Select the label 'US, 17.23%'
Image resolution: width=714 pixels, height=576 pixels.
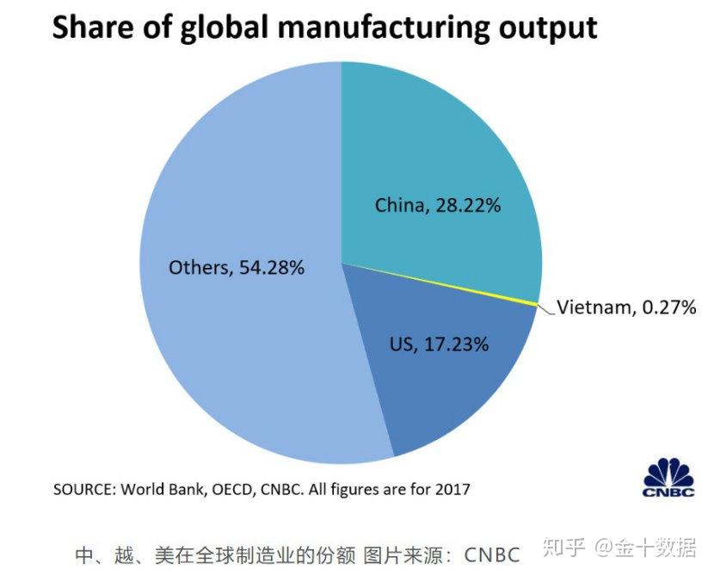click(x=439, y=344)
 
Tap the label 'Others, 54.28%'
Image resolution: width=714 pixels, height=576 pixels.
click(x=237, y=268)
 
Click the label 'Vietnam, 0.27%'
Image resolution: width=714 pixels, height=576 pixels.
click(x=626, y=307)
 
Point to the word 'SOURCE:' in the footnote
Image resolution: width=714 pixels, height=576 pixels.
click(x=83, y=489)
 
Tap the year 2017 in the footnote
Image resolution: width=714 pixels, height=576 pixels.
click(x=453, y=489)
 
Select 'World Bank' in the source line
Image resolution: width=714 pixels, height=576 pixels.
click(x=155, y=489)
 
